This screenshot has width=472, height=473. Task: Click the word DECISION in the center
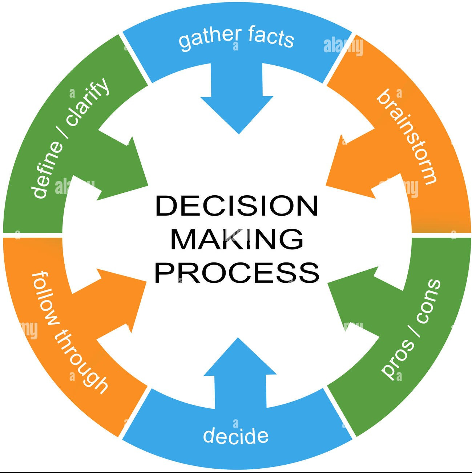(x=237, y=206)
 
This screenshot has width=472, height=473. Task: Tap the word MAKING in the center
(x=237, y=239)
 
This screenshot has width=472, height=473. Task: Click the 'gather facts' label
(x=236, y=38)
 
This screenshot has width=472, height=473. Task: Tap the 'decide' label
(x=236, y=435)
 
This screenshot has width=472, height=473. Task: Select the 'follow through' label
(x=69, y=332)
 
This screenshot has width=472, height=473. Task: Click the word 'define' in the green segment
(x=45, y=171)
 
